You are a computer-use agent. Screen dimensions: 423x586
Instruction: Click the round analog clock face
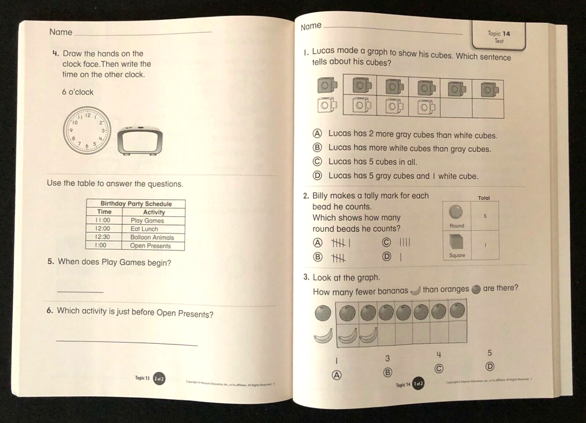tap(87, 130)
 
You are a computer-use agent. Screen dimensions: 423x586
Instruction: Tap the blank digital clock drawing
tap(140, 141)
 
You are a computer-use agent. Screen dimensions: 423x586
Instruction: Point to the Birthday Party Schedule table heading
tap(136, 204)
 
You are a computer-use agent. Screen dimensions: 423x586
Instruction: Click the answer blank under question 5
tap(80, 291)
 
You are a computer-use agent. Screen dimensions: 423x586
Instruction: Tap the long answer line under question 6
tap(127, 343)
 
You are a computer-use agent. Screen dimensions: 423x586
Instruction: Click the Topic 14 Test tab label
tap(499, 37)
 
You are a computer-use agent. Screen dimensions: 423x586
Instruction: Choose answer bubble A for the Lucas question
tap(317, 134)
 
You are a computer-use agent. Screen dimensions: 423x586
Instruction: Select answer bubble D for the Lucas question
tap(317, 175)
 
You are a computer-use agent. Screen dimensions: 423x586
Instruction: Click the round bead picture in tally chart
tap(455, 211)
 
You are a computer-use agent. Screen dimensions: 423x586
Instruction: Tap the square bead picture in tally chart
tap(456, 241)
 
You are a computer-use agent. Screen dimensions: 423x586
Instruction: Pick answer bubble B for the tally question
tap(318, 257)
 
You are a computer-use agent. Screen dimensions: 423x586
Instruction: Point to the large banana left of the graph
tap(322, 336)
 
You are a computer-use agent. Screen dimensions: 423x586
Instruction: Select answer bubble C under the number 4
tap(438, 367)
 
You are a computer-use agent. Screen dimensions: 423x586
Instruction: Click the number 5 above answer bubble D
tap(490, 353)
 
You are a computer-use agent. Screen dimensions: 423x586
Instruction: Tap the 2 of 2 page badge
tap(158, 378)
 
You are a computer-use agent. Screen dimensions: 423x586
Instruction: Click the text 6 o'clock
tap(77, 92)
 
